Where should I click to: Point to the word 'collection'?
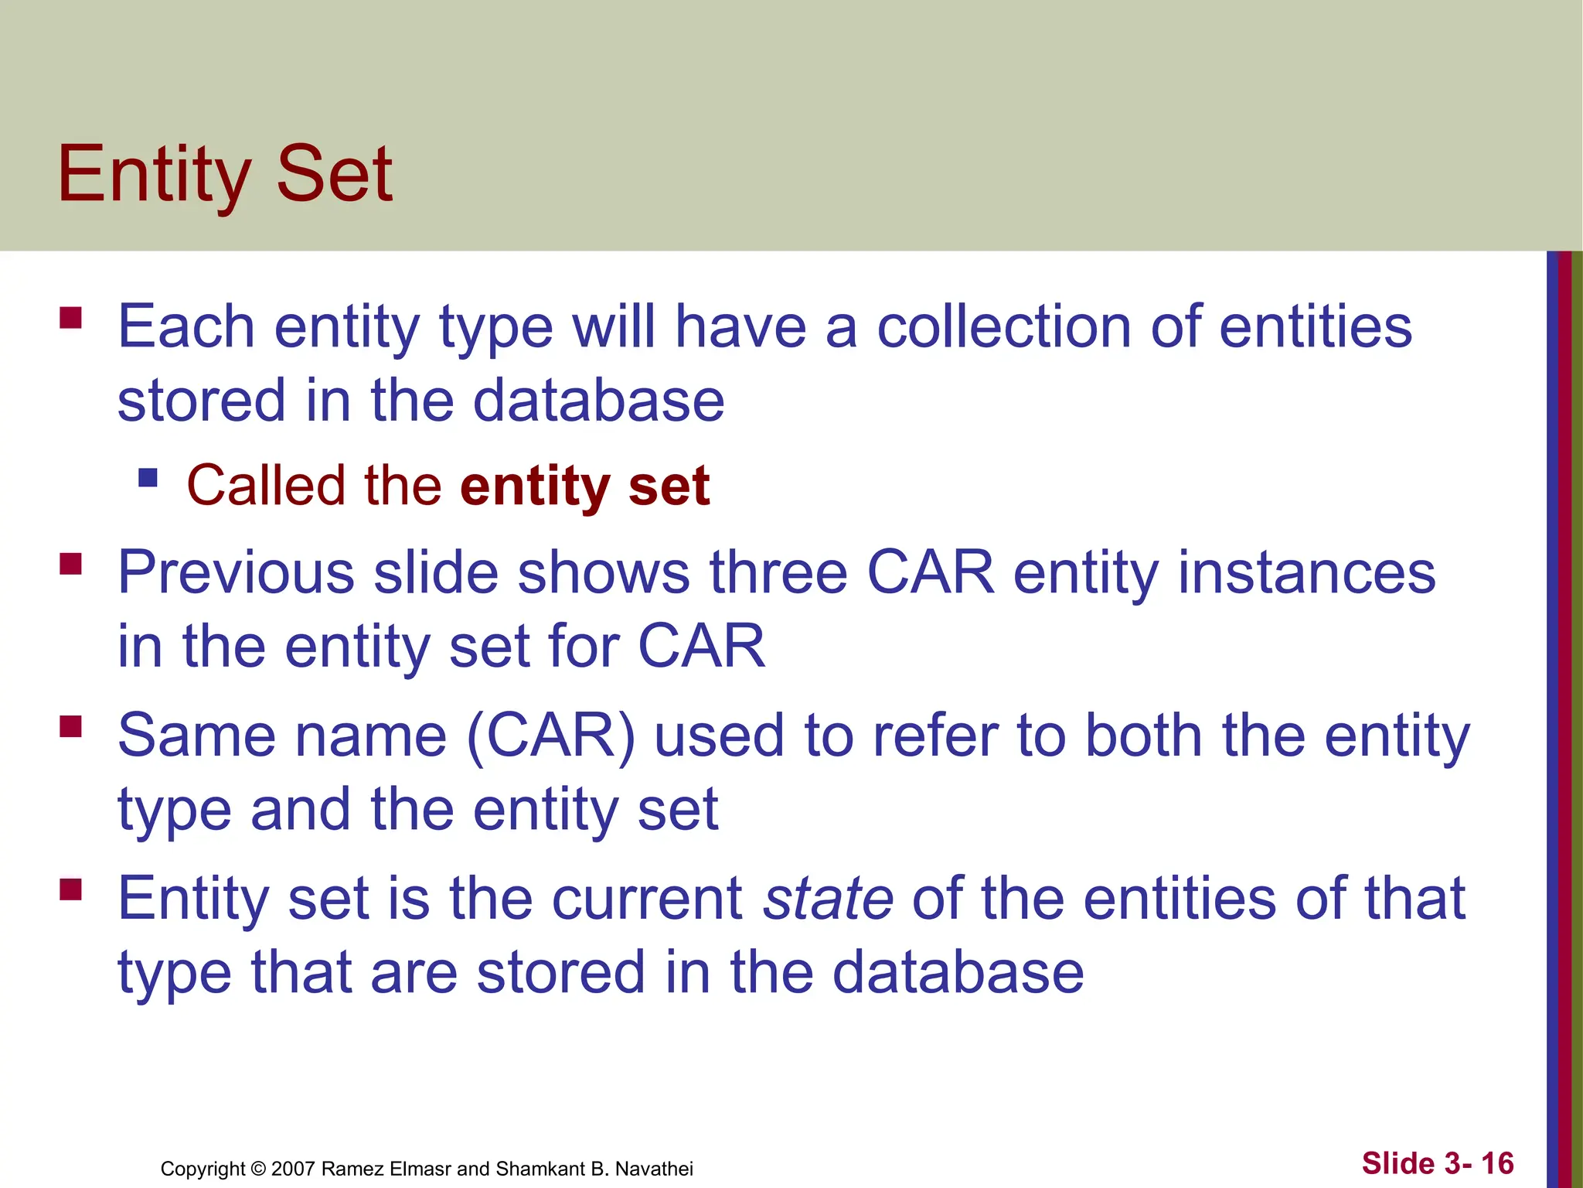coord(1003,327)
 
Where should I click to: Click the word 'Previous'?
coord(236,573)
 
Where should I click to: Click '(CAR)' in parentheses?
coord(550,736)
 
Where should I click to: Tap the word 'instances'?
coord(1306,573)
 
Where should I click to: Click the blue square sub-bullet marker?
coord(148,478)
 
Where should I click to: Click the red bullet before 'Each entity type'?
coord(70,319)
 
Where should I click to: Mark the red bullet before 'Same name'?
coord(70,727)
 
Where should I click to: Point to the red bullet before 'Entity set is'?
coord(70,890)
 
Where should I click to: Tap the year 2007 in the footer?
coord(293,1169)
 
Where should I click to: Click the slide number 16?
coord(1497,1163)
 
